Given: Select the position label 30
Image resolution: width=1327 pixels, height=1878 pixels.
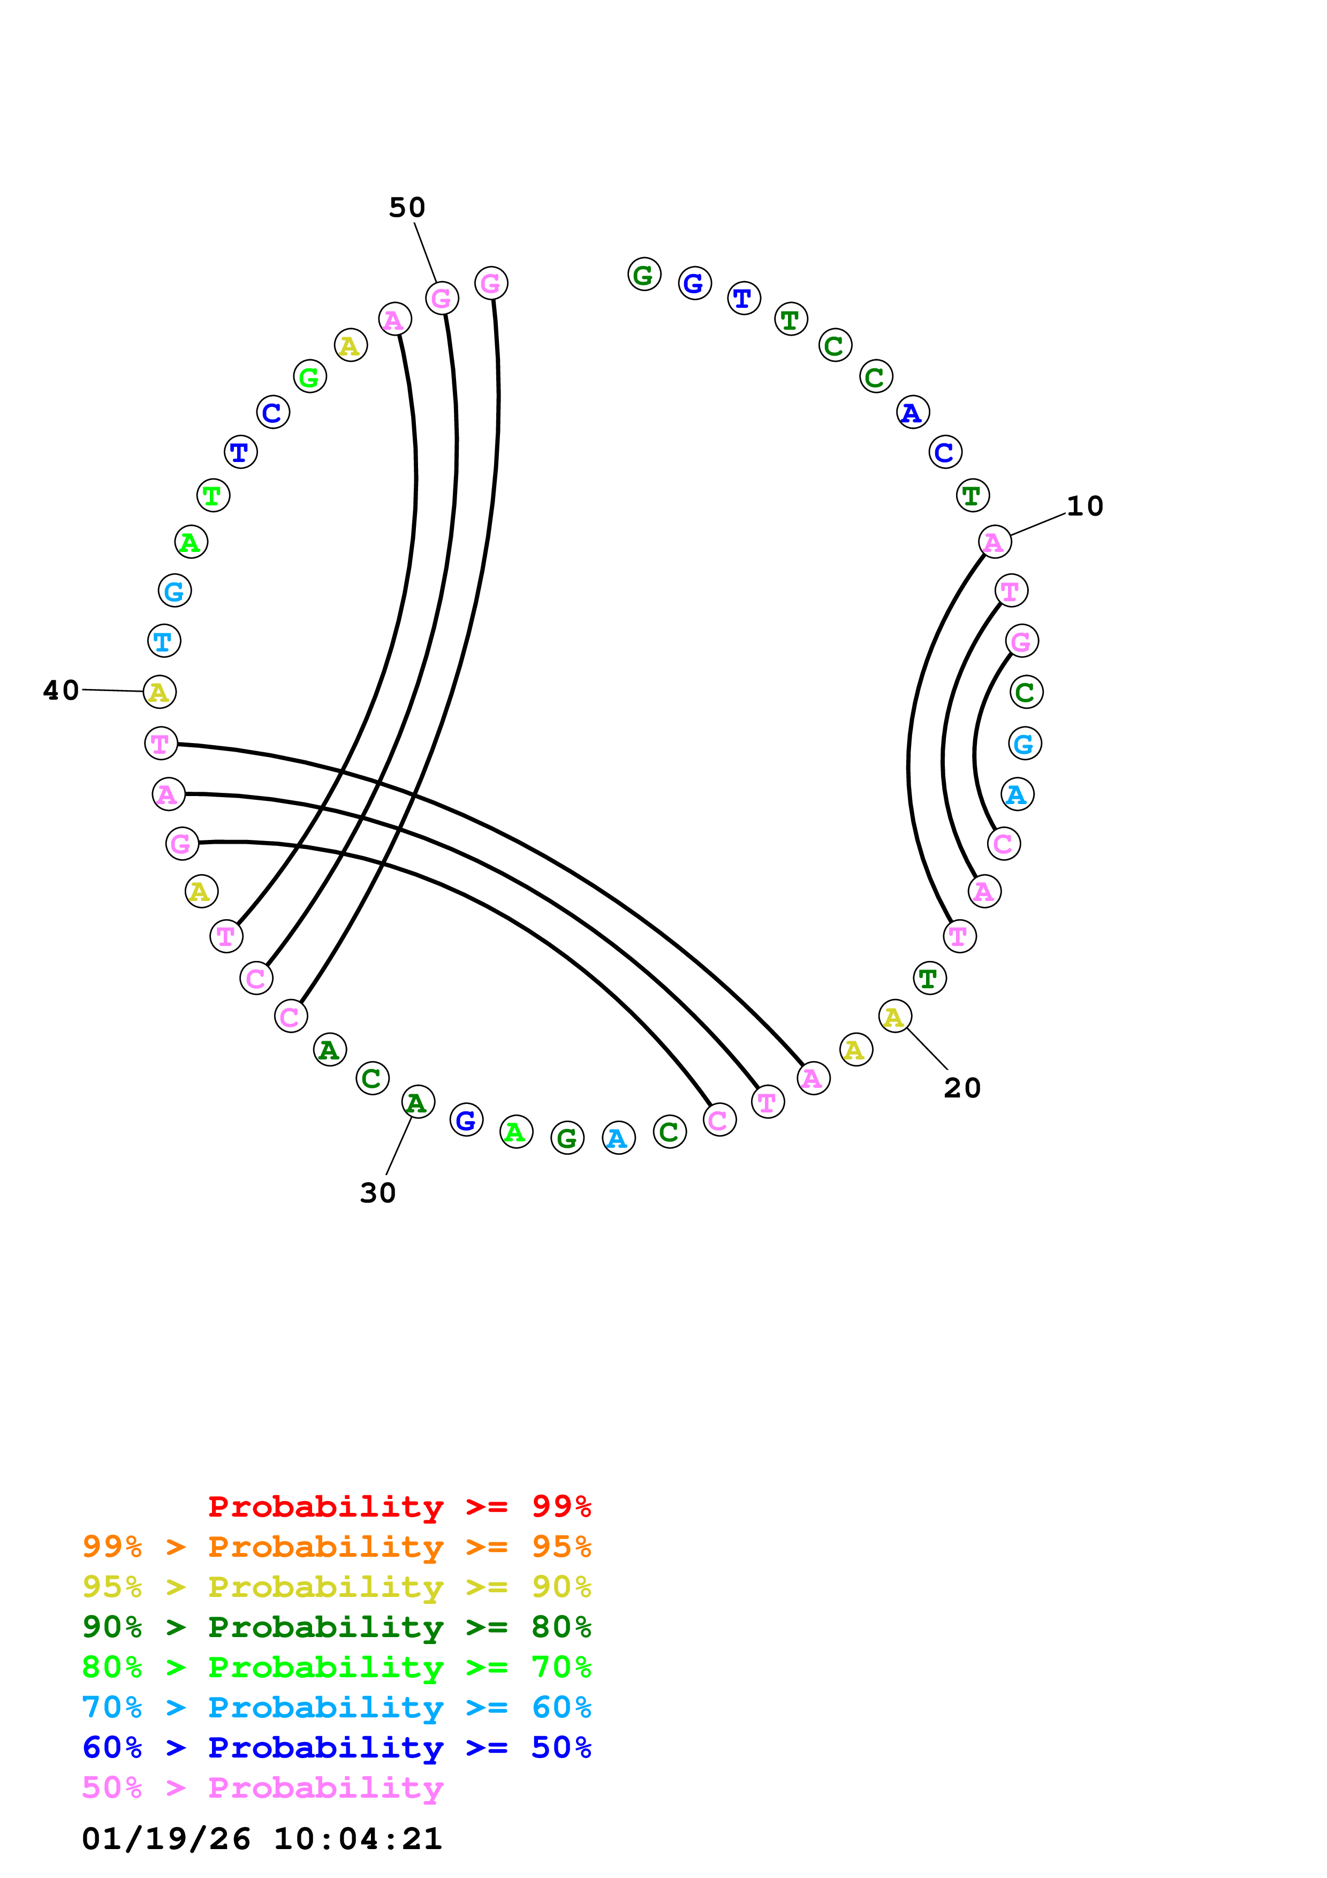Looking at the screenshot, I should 378,1193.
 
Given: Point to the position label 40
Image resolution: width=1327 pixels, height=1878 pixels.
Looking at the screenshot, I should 62,691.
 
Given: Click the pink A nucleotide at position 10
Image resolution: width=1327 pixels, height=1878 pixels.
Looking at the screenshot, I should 994,541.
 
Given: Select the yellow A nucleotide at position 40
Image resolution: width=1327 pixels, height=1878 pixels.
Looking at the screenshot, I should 160,692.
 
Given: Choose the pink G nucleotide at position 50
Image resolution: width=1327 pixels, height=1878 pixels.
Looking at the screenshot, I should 442,298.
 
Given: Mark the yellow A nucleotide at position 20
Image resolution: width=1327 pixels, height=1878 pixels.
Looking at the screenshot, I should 894,1017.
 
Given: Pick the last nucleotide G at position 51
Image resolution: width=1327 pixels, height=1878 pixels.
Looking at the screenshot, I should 490,283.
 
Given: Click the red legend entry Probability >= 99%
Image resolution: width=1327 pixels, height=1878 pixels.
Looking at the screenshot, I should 399,1506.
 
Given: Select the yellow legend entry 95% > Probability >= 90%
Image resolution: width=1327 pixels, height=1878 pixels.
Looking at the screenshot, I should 336,1586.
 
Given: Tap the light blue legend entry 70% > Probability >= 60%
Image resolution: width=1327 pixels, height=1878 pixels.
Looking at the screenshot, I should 336,1707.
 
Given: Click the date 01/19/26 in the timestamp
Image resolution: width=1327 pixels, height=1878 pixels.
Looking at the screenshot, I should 166,1839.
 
